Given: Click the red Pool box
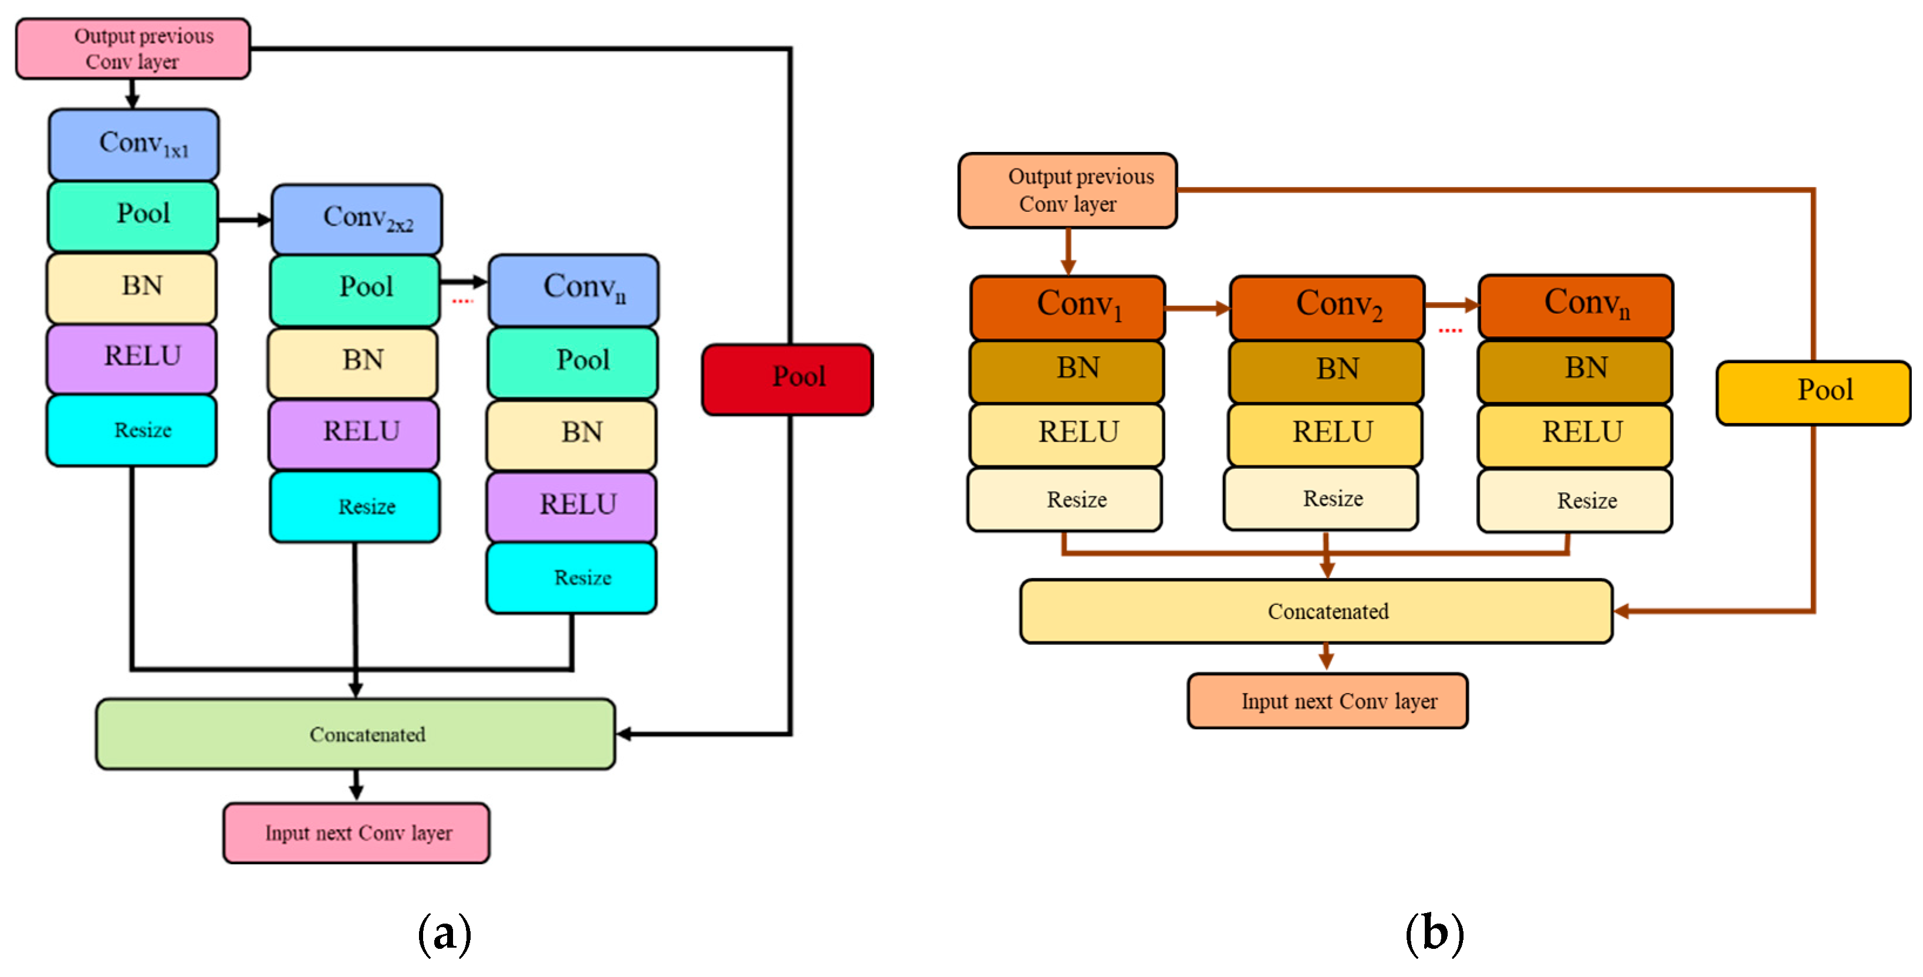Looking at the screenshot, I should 788,379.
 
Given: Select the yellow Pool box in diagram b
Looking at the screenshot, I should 1813,393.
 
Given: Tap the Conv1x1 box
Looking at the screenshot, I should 134,144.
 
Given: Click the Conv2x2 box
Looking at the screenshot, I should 357,219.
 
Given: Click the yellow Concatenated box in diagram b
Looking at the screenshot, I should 1316,610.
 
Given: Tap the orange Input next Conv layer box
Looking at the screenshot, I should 1327,700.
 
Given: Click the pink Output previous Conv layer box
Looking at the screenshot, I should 133,49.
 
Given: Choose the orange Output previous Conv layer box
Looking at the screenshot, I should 1067,190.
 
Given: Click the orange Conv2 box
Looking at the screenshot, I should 1327,307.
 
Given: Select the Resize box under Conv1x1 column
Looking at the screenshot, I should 132,430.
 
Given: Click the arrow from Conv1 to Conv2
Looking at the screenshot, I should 1197,307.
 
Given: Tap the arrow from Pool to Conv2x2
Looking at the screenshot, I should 244,219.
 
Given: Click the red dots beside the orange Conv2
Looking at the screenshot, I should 1451,330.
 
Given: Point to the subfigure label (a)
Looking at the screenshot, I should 444,933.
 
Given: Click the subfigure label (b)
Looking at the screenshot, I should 1434,933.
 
